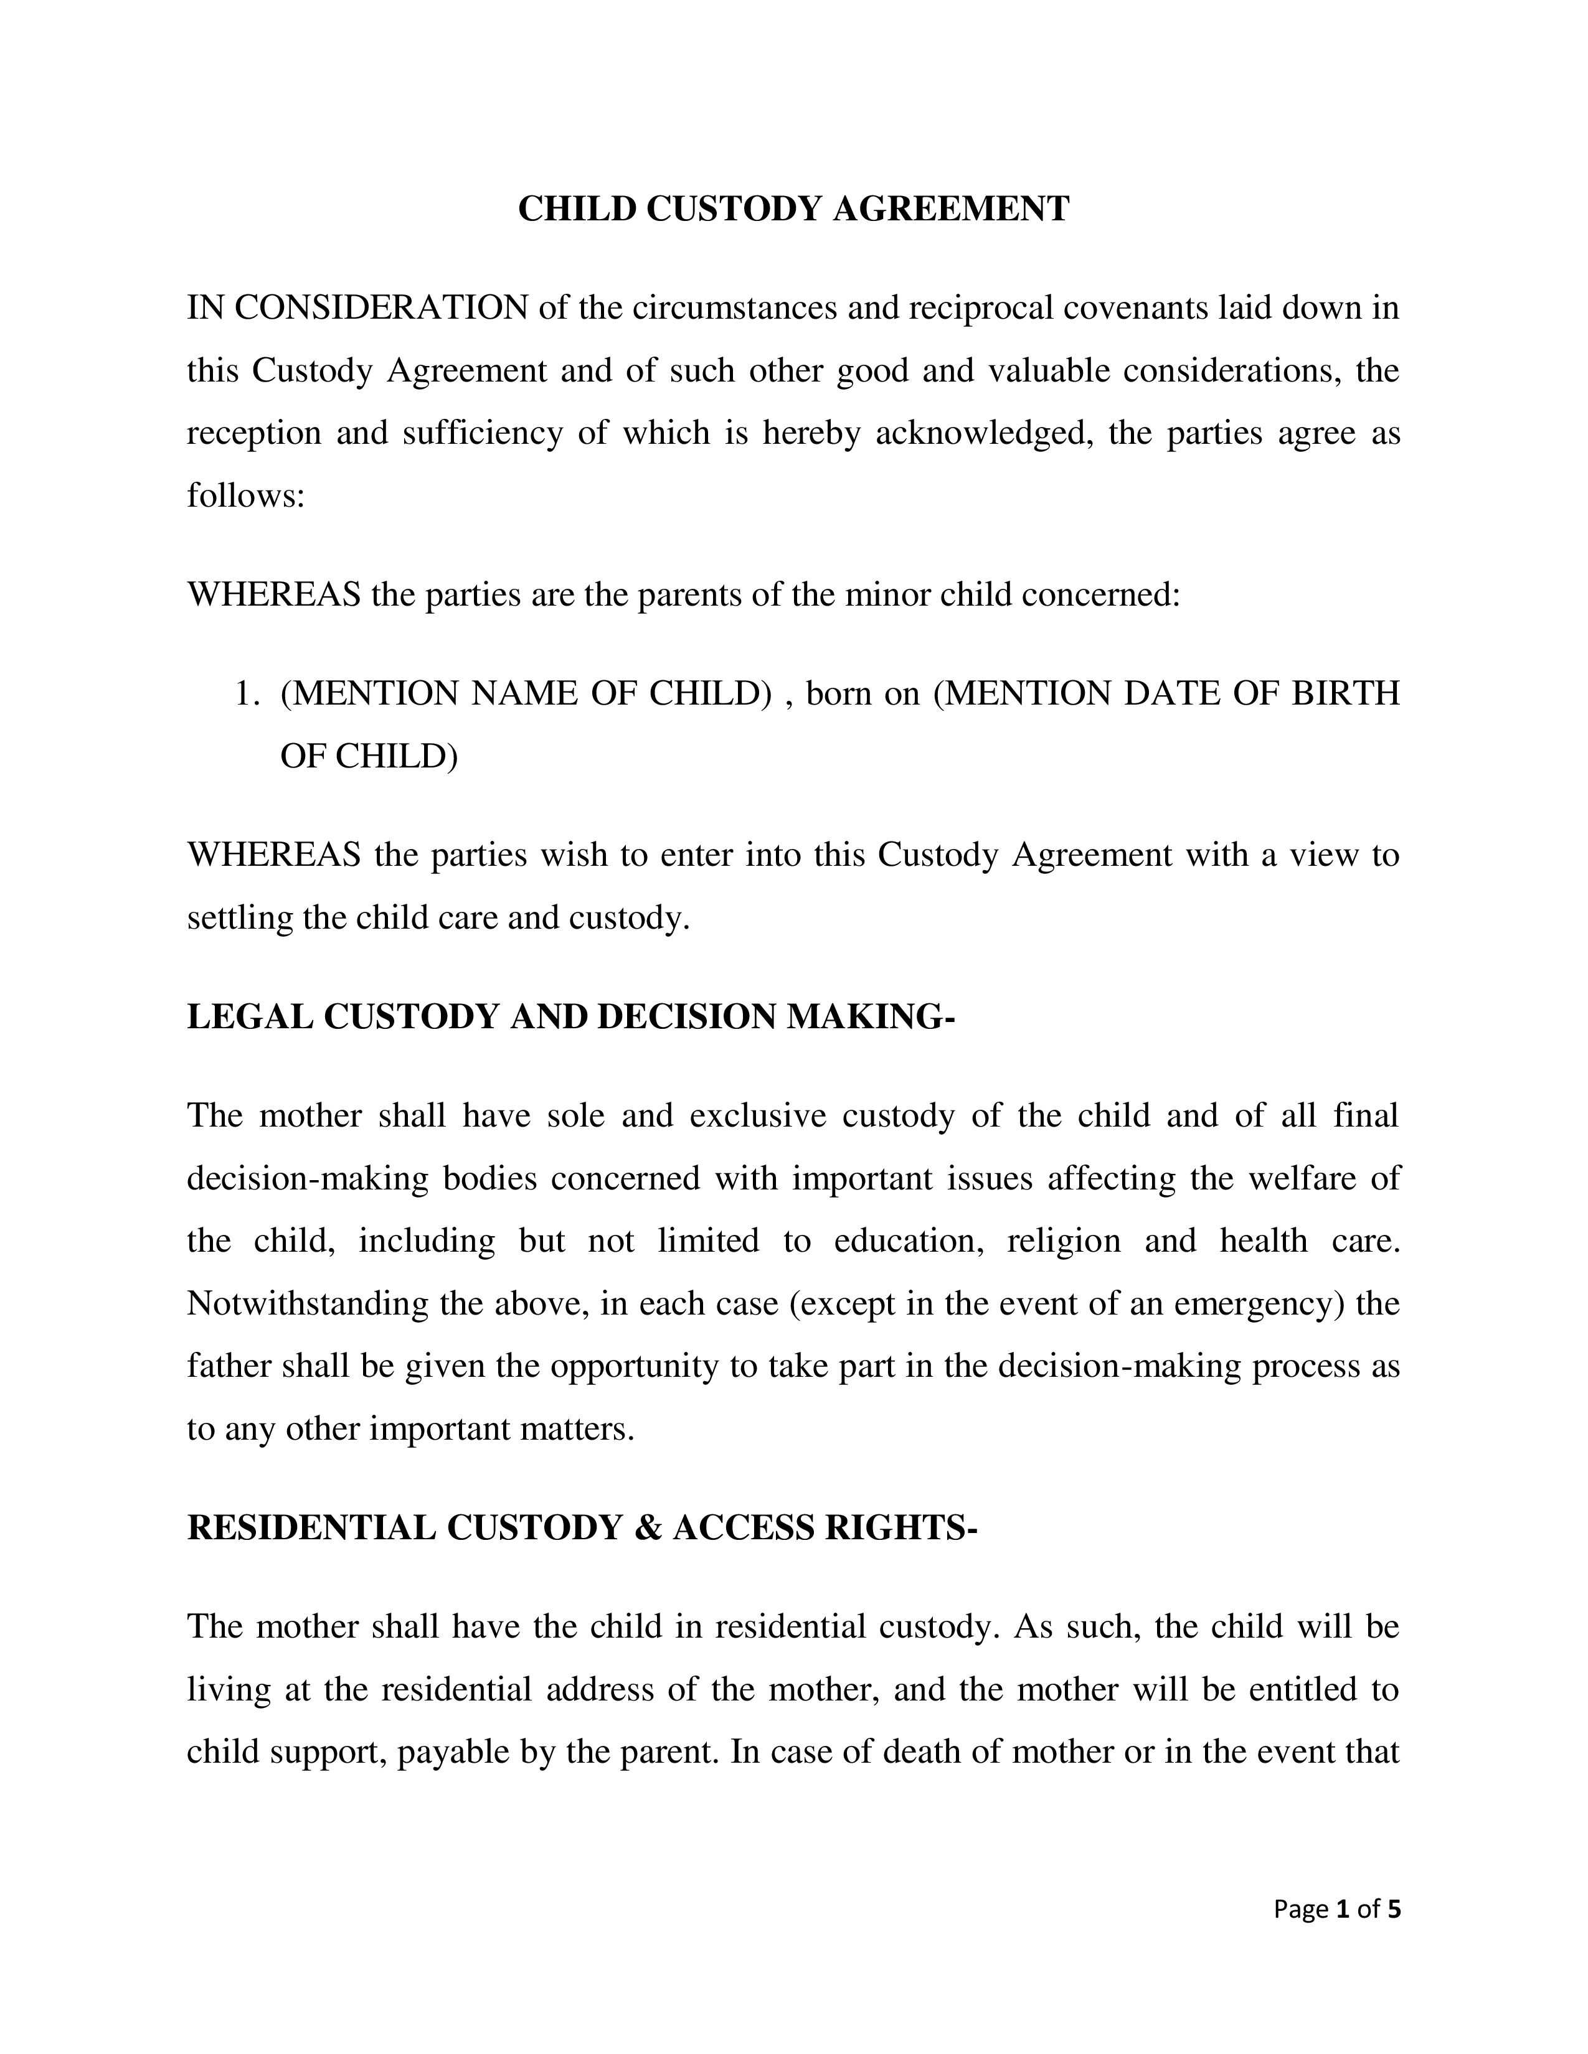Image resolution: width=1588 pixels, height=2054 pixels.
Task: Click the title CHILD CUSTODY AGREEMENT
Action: (x=793, y=209)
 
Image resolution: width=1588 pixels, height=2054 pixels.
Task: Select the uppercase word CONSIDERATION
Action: (x=381, y=307)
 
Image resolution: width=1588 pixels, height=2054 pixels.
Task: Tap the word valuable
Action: (x=1048, y=370)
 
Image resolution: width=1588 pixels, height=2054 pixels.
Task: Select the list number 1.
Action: (x=247, y=694)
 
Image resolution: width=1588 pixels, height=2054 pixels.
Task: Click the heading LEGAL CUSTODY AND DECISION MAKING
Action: (x=570, y=1016)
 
